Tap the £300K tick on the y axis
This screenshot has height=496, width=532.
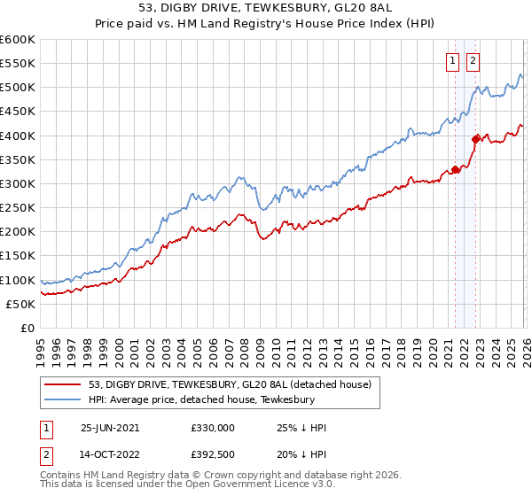(x=17, y=183)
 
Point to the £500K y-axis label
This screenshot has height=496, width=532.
(x=17, y=88)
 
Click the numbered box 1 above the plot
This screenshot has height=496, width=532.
(x=453, y=61)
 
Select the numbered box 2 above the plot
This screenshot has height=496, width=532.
(x=473, y=61)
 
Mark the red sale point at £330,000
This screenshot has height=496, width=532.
(x=455, y=169)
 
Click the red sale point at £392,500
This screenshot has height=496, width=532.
(x=475, y=139)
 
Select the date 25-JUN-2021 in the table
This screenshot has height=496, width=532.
(x=111, y=428)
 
